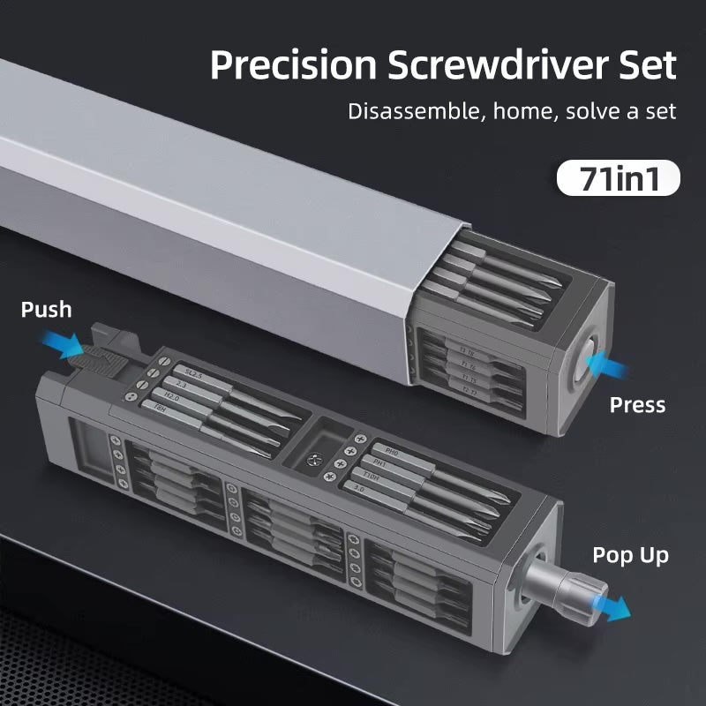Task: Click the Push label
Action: [x=46, y=309]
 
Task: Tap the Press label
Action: [x=637, y=405]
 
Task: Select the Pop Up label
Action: [x=630, y=555]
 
